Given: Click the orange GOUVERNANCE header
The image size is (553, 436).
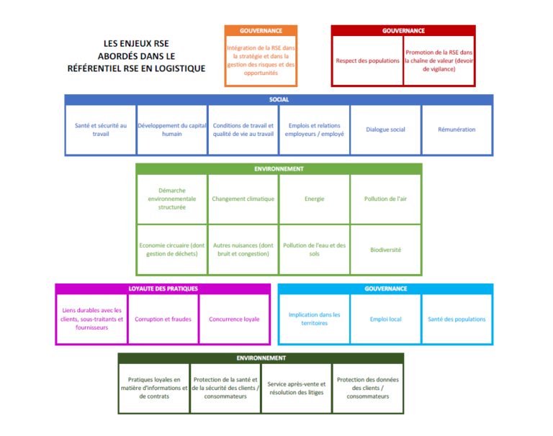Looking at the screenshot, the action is [261, 31].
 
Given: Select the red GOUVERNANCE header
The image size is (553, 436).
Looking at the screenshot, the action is [403, 31].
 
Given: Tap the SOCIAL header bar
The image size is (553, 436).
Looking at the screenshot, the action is [279, 100].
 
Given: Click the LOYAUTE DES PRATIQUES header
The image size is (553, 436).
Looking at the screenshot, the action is [163, 289].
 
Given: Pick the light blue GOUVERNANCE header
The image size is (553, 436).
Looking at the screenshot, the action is [385, 289].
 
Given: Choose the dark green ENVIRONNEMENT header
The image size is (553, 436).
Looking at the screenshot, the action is [261, 358].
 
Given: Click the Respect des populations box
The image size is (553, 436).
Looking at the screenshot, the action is [367, 60].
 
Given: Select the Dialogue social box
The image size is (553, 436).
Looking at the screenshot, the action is [385, 130].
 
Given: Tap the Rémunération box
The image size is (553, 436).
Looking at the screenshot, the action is [457, 130].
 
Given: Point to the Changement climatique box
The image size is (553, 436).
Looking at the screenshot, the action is [243, 199].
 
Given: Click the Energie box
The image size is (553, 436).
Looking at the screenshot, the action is [314, 199].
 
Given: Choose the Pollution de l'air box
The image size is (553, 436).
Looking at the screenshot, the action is [385, 199].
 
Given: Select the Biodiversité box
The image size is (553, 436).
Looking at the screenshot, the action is [385, 250].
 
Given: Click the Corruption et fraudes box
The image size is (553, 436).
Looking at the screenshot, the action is [163, 319].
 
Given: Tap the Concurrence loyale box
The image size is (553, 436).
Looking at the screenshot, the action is [234, 319].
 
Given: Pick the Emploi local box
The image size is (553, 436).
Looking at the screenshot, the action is [385, 319].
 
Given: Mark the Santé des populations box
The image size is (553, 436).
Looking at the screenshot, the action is [457, 319].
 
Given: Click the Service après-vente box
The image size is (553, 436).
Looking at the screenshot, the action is [297, 388].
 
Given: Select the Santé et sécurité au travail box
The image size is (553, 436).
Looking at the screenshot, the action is [101, 130].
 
